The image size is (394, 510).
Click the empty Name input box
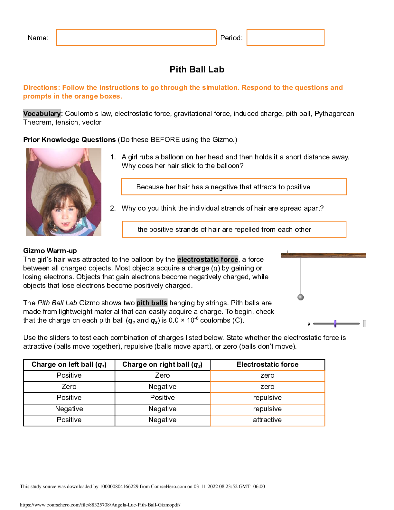(136, 37)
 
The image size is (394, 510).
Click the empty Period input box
(285, 37)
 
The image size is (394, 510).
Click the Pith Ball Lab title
(197, 70)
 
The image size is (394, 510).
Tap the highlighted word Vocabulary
(42, 114)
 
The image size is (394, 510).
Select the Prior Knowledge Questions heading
(69, 140)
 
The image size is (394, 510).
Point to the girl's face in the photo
(65, 211)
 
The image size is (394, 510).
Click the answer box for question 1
(234, 187)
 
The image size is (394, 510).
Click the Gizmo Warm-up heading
(50, 251)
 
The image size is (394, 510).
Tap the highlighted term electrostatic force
(208, 260)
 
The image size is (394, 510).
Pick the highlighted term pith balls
(152, 303)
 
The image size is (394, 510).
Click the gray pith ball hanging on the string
(301, 297)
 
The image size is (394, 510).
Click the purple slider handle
(335, 324)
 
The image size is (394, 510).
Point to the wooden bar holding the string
(323, 255)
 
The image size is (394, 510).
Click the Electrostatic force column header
(267, 364)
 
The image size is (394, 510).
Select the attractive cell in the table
(267, 420)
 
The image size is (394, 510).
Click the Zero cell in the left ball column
(69, 387)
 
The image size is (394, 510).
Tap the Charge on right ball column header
(162, 364)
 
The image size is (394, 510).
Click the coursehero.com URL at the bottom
(100, 505)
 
